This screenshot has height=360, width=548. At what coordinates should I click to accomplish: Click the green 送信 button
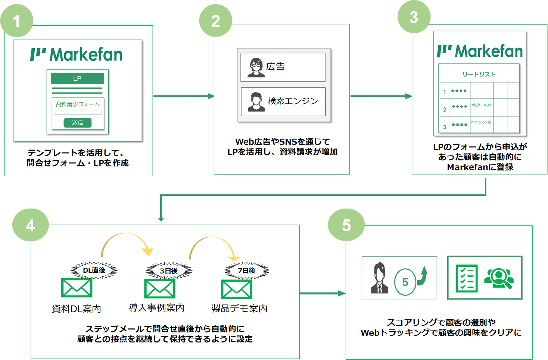coord(78,122)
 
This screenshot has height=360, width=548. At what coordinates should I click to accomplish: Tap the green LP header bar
coord(77,78)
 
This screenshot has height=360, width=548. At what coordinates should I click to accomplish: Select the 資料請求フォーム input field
coord(78,112)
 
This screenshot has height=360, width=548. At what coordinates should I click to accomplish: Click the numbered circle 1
coord(17,21)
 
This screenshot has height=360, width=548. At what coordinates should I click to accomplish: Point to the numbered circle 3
coord(414,17)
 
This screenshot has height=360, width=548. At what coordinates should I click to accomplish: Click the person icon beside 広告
coord(256,68)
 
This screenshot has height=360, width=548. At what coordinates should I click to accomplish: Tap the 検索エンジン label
coord(293,101)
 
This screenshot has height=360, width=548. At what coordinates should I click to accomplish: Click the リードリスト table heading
coord(479,74)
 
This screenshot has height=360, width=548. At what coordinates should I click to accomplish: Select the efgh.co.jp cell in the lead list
coord(481,105)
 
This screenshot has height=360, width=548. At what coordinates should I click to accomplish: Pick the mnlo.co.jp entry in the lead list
coord(481,122)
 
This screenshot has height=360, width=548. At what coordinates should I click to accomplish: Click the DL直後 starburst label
coord(94,270)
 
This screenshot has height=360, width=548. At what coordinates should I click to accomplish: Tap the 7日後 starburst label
coord(247,270)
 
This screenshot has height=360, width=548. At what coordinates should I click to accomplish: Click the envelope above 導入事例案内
coord(160,289)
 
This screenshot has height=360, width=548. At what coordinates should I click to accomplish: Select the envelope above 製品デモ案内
coord(237,289)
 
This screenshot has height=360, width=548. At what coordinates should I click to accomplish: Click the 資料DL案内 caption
coord(76,309)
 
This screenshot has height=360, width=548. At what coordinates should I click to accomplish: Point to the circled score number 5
coord(405,282)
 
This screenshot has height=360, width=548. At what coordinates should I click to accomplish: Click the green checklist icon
coord(467,278)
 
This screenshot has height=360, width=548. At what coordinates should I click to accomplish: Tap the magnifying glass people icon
coord(499,279)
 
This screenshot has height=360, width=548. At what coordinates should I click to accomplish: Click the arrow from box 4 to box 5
coord(323,293)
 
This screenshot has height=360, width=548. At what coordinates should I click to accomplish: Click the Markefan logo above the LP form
coord(76,54)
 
